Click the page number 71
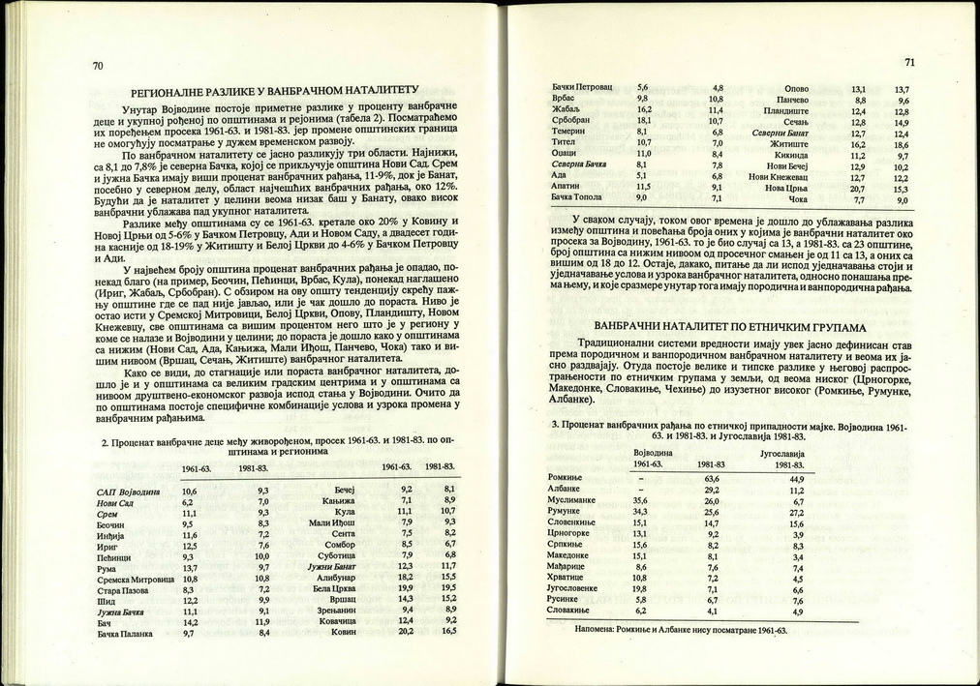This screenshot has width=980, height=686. pos(909,63)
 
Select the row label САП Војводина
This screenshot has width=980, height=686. pos(129,492)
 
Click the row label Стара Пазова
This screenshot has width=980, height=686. pos(123,589)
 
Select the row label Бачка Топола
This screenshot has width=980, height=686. pos(576,197)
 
